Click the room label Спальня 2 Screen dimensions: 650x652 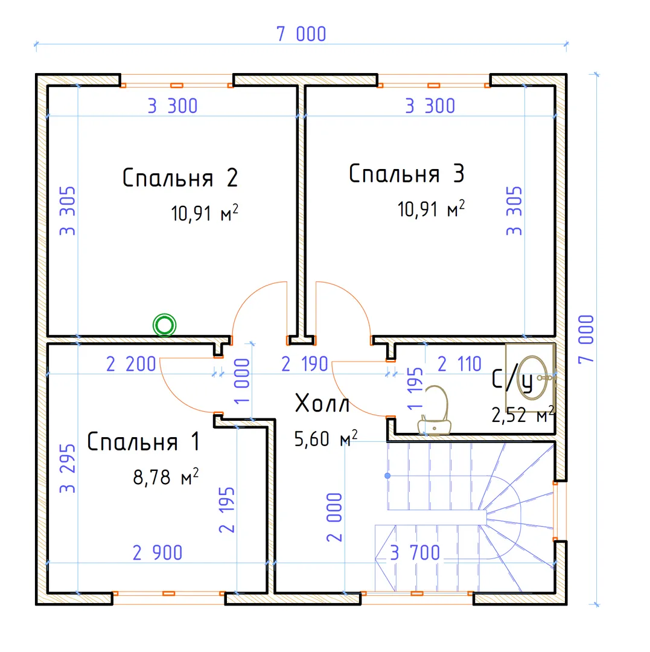coord(180,178)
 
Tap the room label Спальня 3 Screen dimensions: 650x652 coord(406,173)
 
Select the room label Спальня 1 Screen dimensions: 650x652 coord(144,441)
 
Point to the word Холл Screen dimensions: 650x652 coord(322,403)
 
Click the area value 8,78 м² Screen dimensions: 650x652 coord(166,477)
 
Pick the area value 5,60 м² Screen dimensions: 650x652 coord(326,439)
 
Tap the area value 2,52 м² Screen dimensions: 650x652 coord(523,415)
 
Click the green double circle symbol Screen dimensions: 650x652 coord(165,325)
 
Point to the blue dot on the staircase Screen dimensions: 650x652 coord(387,475)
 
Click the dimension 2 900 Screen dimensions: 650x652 coord(158,552)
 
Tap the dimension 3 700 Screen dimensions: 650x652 coord(415,552)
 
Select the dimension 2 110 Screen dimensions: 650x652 coord(459,364)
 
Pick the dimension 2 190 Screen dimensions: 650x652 coord(305,364)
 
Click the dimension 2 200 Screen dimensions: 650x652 coord(131,364)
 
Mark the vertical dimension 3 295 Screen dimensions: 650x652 coord(68,468)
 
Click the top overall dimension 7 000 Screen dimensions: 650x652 coord(301,34)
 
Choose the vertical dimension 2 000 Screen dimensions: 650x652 coord(334,517)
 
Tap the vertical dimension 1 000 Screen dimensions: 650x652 coord(242,382)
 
